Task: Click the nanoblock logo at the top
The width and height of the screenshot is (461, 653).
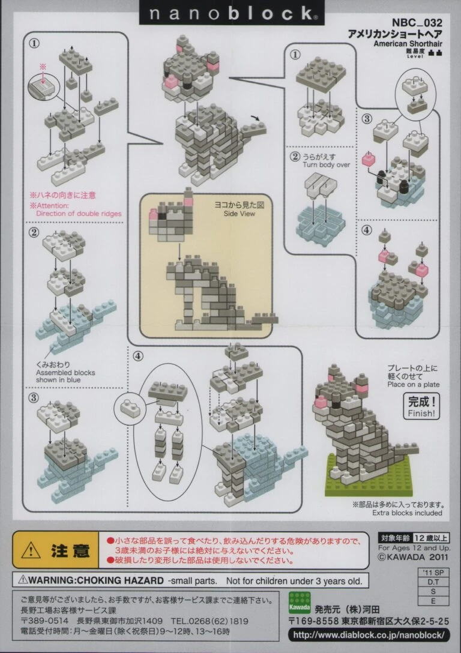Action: click(x=231, y=13)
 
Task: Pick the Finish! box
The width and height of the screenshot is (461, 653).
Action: click(x=423, y=407)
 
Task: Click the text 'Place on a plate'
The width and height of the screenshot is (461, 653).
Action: click(x=414, y=385)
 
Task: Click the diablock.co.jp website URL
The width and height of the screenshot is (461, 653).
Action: click(x=369, y=634)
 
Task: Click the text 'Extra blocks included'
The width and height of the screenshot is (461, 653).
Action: click(x=407, y=513)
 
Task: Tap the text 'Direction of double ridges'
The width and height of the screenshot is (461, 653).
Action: click(x=78, y=213)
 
